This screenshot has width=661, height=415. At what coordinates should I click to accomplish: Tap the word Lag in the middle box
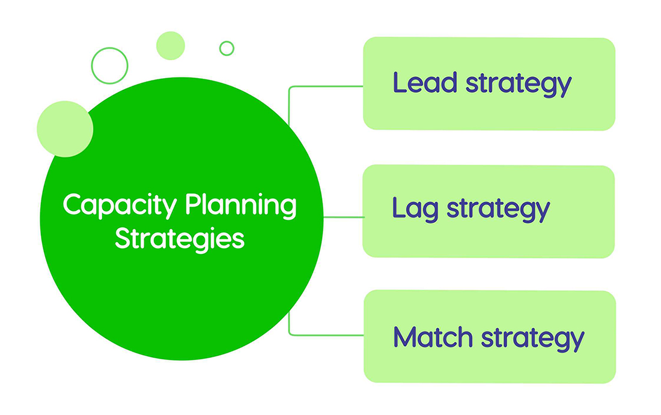[x=415, y=209]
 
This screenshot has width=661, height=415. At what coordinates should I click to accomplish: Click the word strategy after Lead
[x=518, y=84]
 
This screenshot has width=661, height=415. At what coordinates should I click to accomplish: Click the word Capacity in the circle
[x=120, y=207]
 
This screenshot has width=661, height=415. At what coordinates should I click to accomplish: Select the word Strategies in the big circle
[x=180, y=238]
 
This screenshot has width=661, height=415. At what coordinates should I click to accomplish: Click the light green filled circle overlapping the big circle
[x=65, y=129]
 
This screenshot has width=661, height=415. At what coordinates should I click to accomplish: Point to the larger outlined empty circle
[x=109, y=65]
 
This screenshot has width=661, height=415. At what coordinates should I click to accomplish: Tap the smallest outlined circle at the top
[x=227, y=48]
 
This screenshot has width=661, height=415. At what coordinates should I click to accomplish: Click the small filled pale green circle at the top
[x=170, y=46]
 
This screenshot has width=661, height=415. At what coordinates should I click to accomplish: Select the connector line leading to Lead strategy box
[x=324, y=86]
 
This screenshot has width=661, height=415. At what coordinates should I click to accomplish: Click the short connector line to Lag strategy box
[x=343, y=217]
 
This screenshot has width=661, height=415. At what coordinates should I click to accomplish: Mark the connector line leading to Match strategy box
[x=324, y=335]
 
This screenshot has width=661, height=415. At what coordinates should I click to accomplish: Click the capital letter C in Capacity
[x=72, y=205]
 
